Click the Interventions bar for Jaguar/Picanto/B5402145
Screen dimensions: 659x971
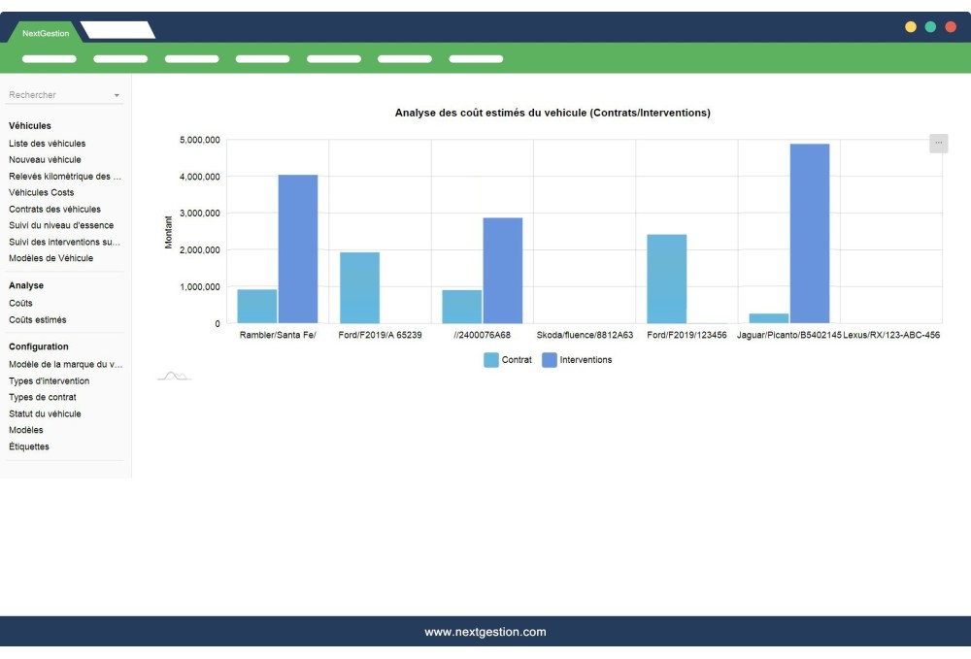pos(810,233)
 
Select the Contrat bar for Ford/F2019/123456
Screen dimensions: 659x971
pos(666,279)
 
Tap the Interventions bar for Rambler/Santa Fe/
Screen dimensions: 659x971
pos(298,248)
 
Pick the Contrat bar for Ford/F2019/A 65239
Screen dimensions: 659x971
pos(359,287)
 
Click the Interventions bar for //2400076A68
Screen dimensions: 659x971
pos(502,270)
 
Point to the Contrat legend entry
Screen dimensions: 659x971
pos(508,360)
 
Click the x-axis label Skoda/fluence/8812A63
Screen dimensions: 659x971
pos(585,336)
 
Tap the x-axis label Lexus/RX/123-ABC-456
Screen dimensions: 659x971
pos(891,336)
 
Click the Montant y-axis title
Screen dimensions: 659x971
pos(168,232)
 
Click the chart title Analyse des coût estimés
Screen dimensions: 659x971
pos(552,114)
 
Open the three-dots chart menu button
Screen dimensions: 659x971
pos(938,143)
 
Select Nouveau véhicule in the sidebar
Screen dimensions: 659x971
pos(45,159)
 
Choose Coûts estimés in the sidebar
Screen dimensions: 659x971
pos(38,319)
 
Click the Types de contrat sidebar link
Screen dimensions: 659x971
pos(43,397)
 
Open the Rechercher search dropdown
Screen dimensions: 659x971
pos(64,95)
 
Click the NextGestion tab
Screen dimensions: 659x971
pos(46,33)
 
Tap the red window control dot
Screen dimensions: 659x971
pos(951,27)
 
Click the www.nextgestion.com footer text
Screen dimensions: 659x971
pos(485,632)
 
